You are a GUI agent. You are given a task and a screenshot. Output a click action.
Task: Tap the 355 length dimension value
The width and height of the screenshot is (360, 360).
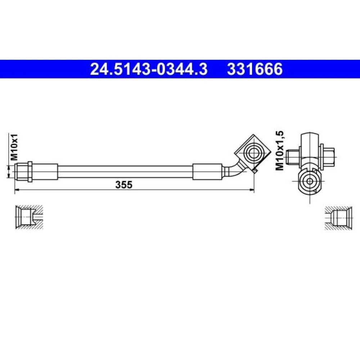tap(124, 185)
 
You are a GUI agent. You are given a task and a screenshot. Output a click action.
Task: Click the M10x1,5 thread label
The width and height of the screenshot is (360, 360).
tap(280, 150)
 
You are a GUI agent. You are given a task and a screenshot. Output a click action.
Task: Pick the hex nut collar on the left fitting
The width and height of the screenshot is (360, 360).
tap(30, 172)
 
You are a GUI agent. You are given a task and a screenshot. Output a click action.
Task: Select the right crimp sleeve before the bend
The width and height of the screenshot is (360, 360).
tap(208, 172)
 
